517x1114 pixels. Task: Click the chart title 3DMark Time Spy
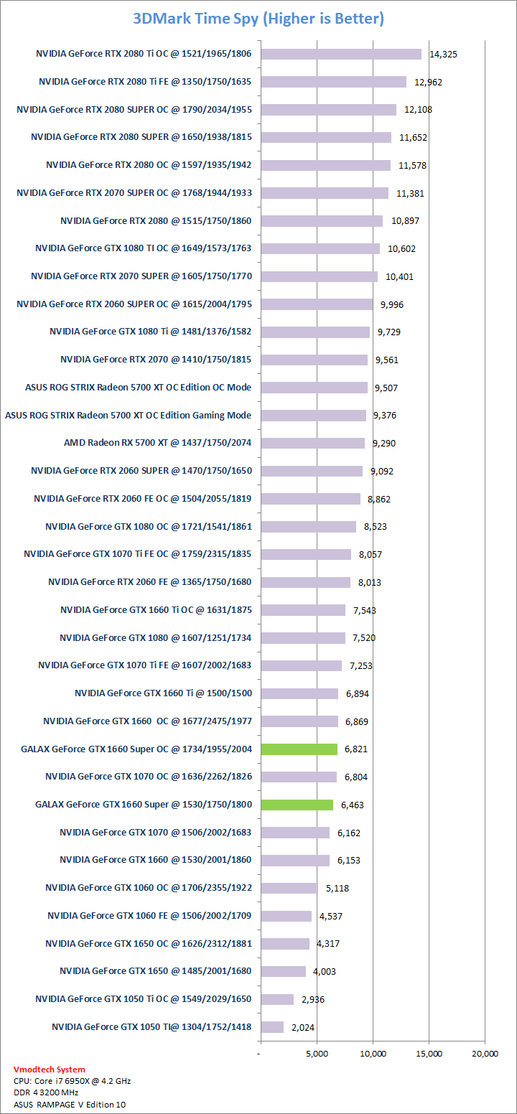258,19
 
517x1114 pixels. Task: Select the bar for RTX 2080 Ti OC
340,54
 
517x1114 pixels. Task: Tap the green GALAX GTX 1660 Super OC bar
299,749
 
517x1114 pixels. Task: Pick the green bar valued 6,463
297,805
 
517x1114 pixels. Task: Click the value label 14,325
443,55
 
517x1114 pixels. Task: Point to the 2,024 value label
303,1028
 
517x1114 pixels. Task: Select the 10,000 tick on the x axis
373,1054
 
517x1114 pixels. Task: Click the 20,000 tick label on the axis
485,1054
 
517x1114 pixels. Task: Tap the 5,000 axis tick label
317,1054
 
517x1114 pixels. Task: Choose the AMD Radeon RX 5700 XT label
157,443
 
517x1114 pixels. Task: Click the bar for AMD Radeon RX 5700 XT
312,443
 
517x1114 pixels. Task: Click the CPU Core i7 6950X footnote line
72,1080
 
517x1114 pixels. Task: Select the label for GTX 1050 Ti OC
143,999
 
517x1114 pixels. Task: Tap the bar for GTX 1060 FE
286,916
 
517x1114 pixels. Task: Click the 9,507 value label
385,388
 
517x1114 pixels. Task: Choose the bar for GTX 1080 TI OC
320,248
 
